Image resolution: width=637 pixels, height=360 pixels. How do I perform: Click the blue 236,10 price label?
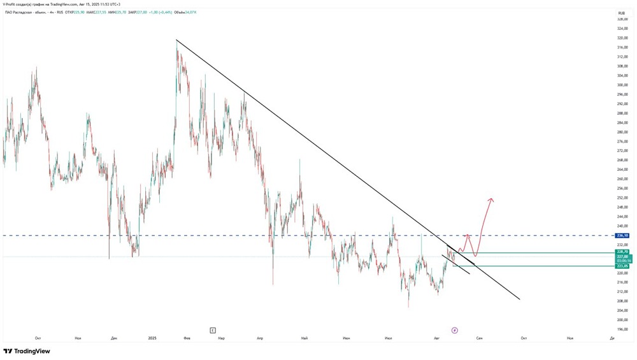622,236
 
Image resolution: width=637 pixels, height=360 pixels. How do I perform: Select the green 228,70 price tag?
622,252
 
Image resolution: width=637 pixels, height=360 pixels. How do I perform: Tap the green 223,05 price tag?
622,266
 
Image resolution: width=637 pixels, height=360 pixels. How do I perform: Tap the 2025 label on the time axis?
152,338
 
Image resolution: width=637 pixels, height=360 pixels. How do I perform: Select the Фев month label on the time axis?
185,338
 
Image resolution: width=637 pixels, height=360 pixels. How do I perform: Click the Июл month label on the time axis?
388,338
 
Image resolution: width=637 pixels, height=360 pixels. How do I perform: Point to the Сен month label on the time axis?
479,338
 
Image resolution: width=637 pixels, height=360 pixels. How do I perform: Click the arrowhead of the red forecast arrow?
491,200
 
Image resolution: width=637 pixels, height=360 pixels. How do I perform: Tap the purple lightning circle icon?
454,330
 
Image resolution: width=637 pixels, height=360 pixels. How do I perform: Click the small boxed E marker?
213,330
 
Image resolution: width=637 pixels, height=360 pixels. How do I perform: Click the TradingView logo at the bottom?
27,351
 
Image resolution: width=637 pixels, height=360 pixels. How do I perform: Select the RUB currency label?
621,12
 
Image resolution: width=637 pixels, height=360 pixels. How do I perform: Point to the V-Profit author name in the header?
10,4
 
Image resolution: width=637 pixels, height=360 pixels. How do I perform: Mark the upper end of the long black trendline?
176,40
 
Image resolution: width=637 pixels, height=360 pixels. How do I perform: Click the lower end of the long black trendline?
520,299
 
